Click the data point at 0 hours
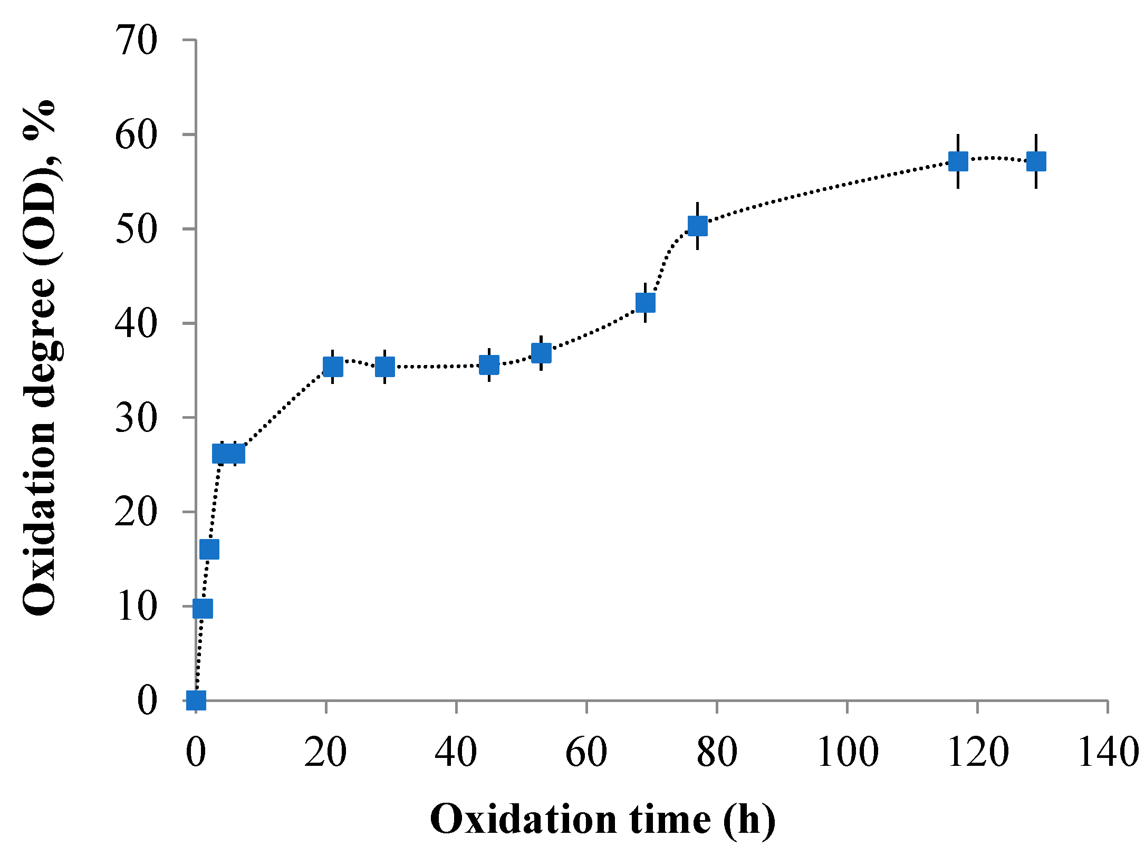[196, 700]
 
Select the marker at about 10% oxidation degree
[203, 608]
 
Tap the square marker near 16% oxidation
[209, 549]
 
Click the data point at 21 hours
[333, 366]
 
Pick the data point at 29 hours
[385, 366]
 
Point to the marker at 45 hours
[489, 364]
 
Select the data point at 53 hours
[542, 353]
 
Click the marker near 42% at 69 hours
[646, 303]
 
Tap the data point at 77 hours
[698, 226]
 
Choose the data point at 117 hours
[958, 161]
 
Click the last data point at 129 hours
[1036, 161]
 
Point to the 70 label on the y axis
[136, 41]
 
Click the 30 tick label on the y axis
[136, 418]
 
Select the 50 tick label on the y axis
[136, 229]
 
